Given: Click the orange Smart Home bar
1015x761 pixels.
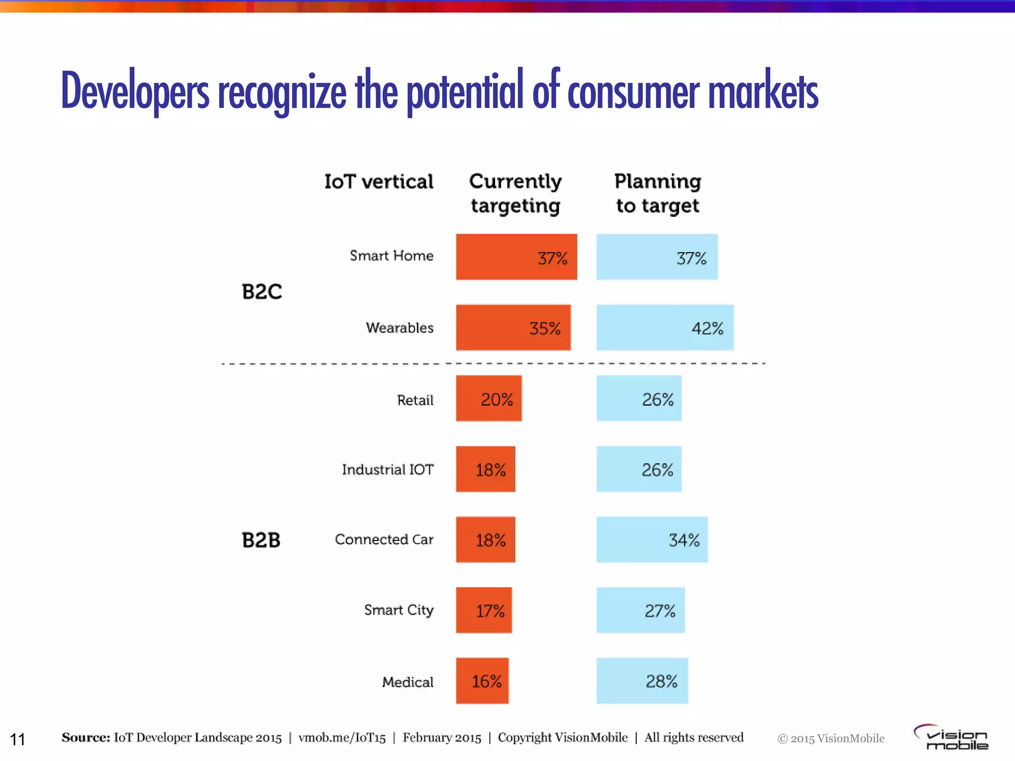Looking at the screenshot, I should point(516,257).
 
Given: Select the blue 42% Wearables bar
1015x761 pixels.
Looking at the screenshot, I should point(665,327).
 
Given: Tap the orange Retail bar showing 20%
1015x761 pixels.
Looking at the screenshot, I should point(489,398).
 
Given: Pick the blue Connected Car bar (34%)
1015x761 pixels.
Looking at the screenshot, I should point(652,540).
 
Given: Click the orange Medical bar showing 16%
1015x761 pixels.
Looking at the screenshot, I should point(482,681).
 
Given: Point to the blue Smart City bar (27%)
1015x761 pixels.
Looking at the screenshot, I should point(640,610).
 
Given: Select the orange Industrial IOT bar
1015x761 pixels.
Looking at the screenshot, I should point(486,469).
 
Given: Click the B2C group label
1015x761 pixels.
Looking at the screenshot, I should point(262,292).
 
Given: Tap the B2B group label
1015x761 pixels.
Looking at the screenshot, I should point(261,540).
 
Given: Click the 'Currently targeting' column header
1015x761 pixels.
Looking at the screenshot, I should point(515,193).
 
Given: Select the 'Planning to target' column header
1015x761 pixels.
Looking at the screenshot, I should point(658,193).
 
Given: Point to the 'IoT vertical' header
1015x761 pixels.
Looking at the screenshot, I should point(379,182).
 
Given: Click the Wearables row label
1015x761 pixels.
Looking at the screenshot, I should point(399,328).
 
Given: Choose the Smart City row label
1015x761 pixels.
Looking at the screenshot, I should point(398,610).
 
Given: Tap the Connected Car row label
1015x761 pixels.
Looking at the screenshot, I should point(384,540).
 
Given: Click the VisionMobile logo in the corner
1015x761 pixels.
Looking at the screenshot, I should point(952,737).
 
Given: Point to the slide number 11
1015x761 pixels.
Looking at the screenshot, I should point(17,739).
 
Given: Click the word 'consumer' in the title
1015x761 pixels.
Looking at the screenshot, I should point(633,92).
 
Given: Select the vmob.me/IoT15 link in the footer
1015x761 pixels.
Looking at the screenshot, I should point(342,738).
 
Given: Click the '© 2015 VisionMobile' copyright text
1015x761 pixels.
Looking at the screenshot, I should point(831,739).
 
